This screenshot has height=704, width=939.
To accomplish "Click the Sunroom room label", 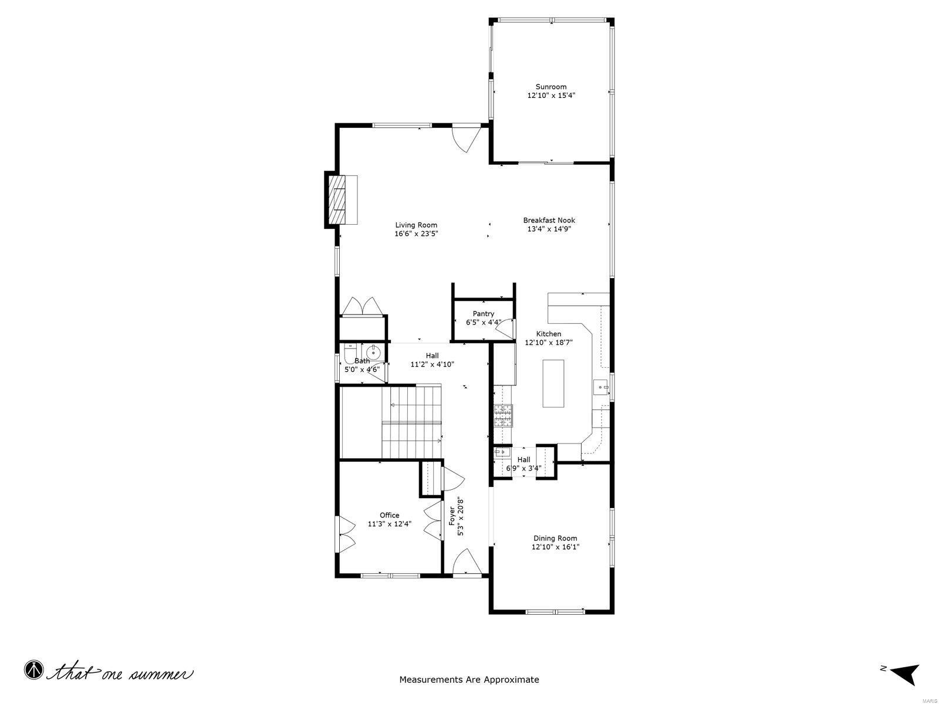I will click(550, 87).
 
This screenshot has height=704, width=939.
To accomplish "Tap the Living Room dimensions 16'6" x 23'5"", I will click(416, 233).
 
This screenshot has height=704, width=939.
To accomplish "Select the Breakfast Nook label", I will click(549, 220).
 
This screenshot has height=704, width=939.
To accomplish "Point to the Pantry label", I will click(483, 314).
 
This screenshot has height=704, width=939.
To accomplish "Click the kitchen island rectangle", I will click(553, 383).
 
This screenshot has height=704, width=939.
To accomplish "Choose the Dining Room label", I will click(555, 538).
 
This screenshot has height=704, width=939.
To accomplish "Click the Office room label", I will click(389, 515).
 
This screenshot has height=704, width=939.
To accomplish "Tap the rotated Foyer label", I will click(452, 516).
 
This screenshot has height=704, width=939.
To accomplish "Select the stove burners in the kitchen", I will click(503, 415).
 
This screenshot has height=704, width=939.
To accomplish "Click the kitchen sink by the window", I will click(600, 387).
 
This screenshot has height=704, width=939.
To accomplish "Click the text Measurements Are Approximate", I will click(469, 680).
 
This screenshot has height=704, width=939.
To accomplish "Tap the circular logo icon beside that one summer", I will click(34, 669).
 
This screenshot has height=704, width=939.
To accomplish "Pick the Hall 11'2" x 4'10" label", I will click(432, 360).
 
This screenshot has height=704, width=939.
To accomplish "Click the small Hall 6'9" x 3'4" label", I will click(523, 463).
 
